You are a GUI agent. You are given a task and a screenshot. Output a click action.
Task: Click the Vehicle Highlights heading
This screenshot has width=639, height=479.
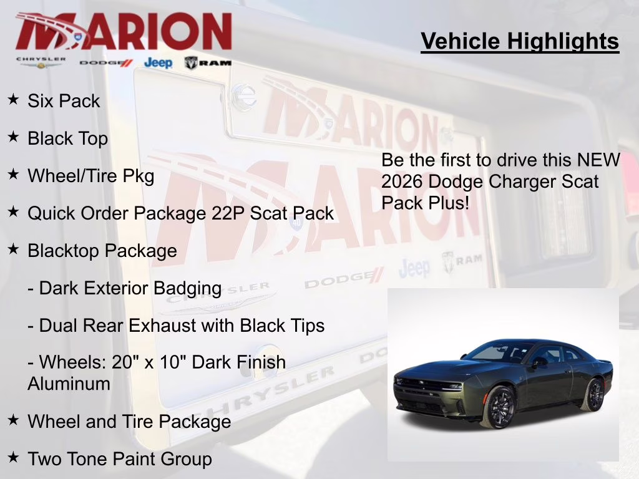[520, 41]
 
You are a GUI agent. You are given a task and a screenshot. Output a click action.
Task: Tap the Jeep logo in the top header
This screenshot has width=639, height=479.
[158, 62]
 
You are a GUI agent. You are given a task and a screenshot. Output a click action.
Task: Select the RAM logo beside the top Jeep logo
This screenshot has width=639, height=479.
[208, 62]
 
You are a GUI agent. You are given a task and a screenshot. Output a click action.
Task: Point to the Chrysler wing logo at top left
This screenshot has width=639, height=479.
[41, 62]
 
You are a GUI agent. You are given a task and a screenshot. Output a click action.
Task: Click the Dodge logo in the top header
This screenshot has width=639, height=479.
[106, 62]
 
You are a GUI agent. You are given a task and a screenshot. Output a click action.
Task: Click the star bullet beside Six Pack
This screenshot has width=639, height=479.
[13, 100]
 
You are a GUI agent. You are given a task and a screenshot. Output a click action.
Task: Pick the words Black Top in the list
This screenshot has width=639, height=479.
[67, 138]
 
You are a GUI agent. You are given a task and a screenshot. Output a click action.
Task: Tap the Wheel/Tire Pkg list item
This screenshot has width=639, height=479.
[90, 176]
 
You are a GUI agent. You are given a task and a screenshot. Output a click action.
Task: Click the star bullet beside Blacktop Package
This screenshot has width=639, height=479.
[13, 249]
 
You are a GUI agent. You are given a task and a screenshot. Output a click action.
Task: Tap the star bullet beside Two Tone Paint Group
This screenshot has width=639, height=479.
[13, 458]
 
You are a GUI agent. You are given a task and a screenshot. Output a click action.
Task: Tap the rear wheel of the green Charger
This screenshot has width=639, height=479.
[593, 395]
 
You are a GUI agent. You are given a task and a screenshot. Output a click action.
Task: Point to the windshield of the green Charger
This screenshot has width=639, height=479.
[493, 352]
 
